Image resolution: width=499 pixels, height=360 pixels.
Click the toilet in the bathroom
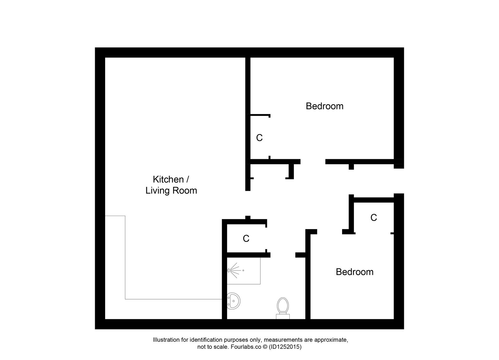coord(283,306)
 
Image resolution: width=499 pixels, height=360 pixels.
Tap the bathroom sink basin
coord(233,301)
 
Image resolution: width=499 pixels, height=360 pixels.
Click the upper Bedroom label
coord(324,106)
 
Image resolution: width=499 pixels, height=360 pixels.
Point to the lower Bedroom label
coord(354,272)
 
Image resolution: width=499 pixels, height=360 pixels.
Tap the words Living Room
coord(171,190)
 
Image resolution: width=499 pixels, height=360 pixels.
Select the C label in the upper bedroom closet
coord(259,137)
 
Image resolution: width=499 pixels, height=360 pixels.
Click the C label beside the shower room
coord(246,238)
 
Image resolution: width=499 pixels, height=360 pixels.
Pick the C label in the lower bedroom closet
coord(373,217)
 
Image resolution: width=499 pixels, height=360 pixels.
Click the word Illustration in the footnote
coord(166,340)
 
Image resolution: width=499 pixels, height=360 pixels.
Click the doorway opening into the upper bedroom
coord(312,161)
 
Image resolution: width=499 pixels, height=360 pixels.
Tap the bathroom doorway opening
coord(283,255)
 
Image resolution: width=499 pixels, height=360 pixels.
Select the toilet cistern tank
coord(283,317)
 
